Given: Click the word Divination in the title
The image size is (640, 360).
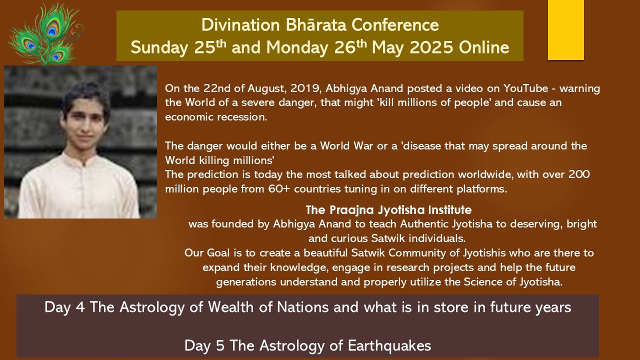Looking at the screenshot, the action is click(240, 25).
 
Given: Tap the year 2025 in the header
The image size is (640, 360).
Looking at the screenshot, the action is click(431, 47).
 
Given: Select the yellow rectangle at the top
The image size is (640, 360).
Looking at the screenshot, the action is click(565, 29).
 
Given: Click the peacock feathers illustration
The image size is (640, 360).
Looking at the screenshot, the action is click(45, 33).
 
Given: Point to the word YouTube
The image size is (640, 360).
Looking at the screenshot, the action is click(525, 88).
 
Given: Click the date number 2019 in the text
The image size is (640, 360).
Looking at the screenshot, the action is click(302, 88).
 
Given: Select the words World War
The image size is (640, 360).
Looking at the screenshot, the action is click(346, 146).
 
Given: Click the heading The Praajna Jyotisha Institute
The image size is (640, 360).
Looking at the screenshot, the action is click(388, 210).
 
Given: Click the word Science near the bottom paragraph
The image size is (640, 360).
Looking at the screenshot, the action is click(483, 282).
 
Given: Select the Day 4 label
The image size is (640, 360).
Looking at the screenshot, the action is click(64, 307).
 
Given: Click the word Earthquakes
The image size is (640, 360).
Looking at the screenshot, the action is click(389, 345).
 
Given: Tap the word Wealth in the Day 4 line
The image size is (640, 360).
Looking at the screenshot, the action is click(231, 307).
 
